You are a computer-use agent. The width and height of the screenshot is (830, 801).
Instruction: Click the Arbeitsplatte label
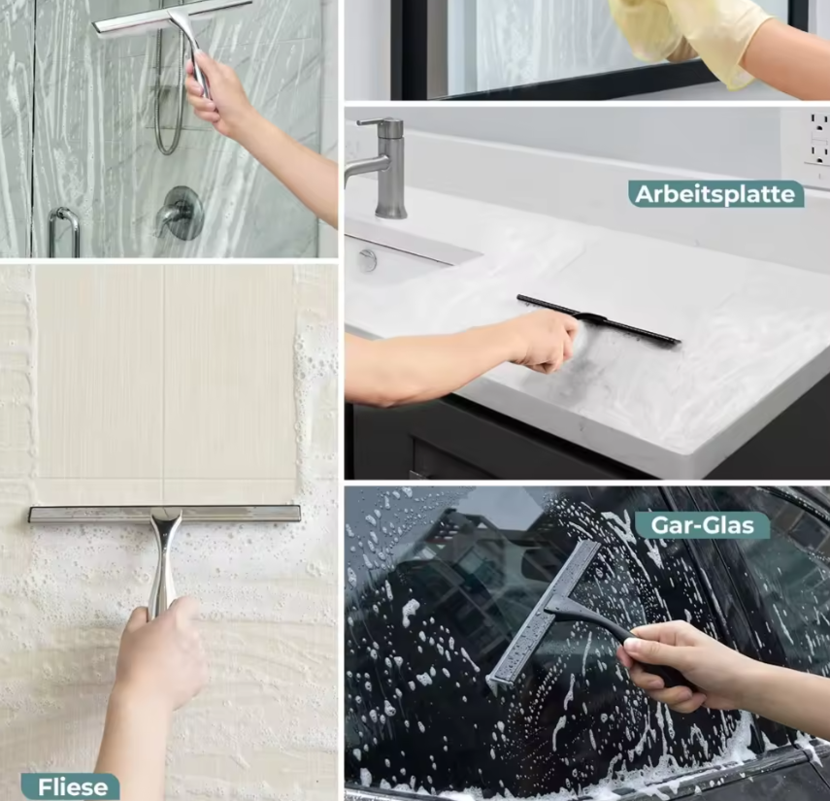point(715,194)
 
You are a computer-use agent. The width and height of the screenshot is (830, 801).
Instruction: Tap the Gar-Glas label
point(702,525)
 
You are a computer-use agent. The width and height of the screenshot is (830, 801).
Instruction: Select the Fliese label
point(71,786)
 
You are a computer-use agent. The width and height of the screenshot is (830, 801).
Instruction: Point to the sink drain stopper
point(367,260)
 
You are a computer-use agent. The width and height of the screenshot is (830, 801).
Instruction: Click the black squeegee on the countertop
point(598,319)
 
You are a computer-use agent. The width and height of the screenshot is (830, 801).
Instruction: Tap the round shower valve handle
point(181,213)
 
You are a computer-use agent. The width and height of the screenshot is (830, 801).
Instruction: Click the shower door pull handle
point(64,232)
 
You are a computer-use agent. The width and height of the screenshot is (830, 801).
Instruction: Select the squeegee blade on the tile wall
point(165,514)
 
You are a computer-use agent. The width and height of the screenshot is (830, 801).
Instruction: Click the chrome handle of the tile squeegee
point(165,561)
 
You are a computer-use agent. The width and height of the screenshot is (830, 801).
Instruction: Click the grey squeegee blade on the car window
point(540,615)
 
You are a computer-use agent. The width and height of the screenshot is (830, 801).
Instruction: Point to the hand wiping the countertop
point(543,342)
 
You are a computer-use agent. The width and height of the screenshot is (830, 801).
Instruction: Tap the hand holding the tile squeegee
point(159,651)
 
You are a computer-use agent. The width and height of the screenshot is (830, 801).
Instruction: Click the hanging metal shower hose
point(168,95)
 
